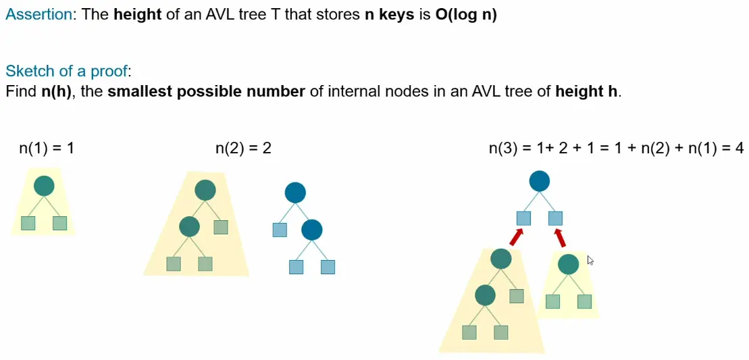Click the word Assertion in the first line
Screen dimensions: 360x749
[x=38, y=15]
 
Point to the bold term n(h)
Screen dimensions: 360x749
[x=57, y=91]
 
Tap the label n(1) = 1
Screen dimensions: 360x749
[x=47, y=148]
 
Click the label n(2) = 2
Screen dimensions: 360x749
[x=243, y=148]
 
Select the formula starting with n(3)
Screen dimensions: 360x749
[x=616, y=148]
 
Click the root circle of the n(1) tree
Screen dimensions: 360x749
[x=44, y=186]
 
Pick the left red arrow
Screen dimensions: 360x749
[x=516, y=236]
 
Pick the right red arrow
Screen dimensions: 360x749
[x=560, y=236]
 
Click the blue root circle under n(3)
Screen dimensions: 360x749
[x=539, y=181]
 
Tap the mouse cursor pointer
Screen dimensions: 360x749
[x=590, y=260]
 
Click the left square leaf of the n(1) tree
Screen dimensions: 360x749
[x=28, y=223]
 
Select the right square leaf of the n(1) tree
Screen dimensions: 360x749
[x=60, y=223]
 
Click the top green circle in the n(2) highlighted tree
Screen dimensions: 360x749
[x=205, y=190]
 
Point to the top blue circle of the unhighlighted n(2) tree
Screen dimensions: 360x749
[x=295, y=193]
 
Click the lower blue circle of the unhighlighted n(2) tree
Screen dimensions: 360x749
[x=311, y=230]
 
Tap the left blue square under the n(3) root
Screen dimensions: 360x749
[x=523, y=218]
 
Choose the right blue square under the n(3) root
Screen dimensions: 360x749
[x=555, y=218]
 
